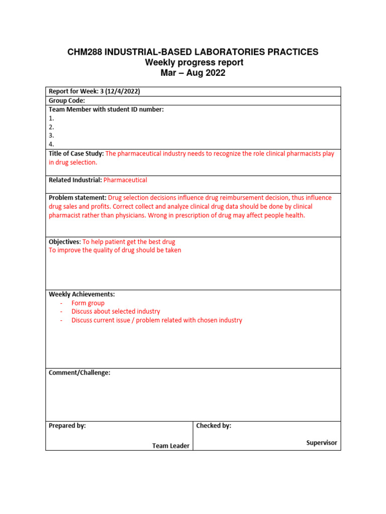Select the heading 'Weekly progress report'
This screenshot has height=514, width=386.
(x=194, y=63)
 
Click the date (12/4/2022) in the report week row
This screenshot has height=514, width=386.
(x=122, y=91)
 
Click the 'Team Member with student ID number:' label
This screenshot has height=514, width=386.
(x=106, y=109)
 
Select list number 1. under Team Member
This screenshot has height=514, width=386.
(x=51, y=118)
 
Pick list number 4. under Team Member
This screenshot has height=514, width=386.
(x=51, y=144)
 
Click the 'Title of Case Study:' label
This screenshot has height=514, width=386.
(x=76, y=154)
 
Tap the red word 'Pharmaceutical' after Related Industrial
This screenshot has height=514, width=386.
(x=125, y=180)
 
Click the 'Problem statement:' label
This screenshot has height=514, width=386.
(x=77, y=198)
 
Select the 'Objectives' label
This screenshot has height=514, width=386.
(x=64, y=241)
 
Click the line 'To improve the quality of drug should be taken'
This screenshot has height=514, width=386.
(x=115, y=250)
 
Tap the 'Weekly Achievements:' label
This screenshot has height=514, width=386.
(x=81, y=294)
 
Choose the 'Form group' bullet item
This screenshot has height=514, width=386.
(x=88, y=303)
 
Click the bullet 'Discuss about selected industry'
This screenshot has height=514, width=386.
(x=116, y=312)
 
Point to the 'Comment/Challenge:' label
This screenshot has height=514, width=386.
(x=79, y=373)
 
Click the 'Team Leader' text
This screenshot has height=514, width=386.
(x=171, y=446)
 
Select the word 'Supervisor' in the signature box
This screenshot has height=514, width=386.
(x=322, y=443)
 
